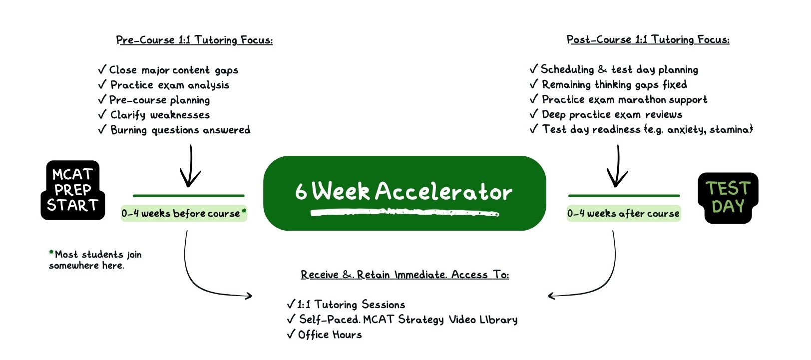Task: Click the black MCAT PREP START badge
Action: (73, 190)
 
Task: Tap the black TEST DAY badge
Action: (728, 198)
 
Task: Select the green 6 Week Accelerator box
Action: (405, 193)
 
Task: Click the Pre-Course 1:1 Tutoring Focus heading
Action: (194, 40)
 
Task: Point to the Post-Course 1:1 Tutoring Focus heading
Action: (648, 39)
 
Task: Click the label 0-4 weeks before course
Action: (184, 213)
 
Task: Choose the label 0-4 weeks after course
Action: (623, 213)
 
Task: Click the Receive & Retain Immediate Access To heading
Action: (405, 275)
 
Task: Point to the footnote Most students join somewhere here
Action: (95, 260)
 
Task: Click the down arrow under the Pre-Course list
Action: (190, 165)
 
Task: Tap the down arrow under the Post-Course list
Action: (618, 165)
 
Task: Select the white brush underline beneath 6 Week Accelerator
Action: (405, 213)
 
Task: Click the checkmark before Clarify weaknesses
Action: (102, 114)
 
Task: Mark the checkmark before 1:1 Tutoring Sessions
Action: (291, 304)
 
